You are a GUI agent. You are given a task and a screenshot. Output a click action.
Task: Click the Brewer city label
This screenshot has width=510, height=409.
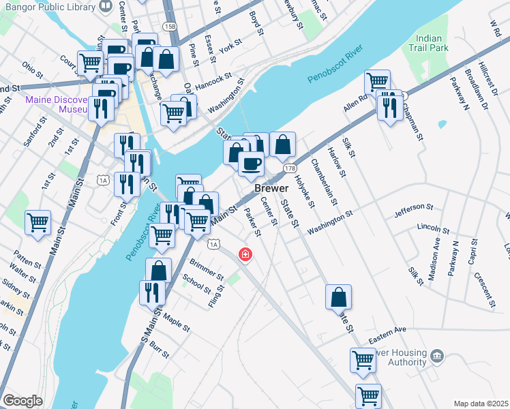click(270, 188)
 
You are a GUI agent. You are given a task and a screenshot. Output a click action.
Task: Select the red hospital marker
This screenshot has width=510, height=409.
click(244, 255)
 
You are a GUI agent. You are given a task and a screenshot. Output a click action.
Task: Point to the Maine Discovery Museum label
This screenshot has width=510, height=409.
click(56, 104)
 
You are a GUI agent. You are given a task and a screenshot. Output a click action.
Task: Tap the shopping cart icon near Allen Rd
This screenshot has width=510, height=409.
click(377, 82)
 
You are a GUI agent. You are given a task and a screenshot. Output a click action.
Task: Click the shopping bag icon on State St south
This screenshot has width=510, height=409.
click(338, 297)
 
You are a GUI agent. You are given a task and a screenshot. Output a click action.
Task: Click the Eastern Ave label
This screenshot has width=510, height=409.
click(387, 339)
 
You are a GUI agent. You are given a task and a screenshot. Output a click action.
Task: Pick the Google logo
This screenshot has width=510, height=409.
click(22, 401)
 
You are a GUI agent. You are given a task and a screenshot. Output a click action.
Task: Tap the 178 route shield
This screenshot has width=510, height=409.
click(290, 168)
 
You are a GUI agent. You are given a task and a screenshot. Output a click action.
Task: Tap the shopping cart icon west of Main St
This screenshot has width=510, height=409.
click(38, 222)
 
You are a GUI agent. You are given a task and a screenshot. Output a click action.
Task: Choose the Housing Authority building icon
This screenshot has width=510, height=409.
click(437, 355)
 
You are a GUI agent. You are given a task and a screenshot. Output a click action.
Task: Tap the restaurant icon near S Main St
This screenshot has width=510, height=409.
click(151, 292)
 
